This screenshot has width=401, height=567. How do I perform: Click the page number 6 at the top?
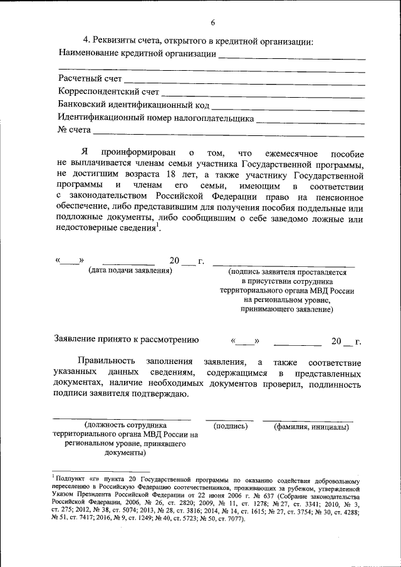[212, 23]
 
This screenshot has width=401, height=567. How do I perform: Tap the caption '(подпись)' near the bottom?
[231, 427]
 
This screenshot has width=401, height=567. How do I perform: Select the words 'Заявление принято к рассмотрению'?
[128, 340]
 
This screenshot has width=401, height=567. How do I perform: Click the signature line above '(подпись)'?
[229, 419]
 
